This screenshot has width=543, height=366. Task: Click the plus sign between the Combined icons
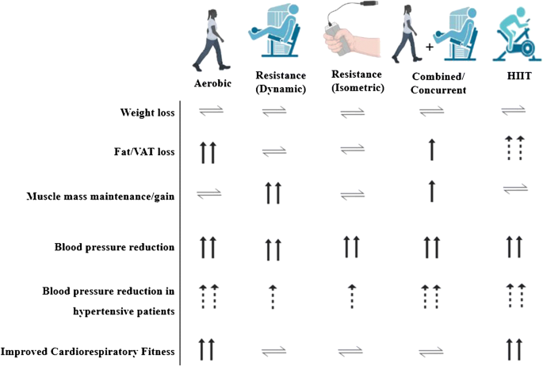[x=429, y=47]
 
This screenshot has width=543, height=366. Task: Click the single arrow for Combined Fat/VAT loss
[x=431, y=148]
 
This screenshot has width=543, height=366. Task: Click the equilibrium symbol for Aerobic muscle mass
[x=210, y=192]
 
